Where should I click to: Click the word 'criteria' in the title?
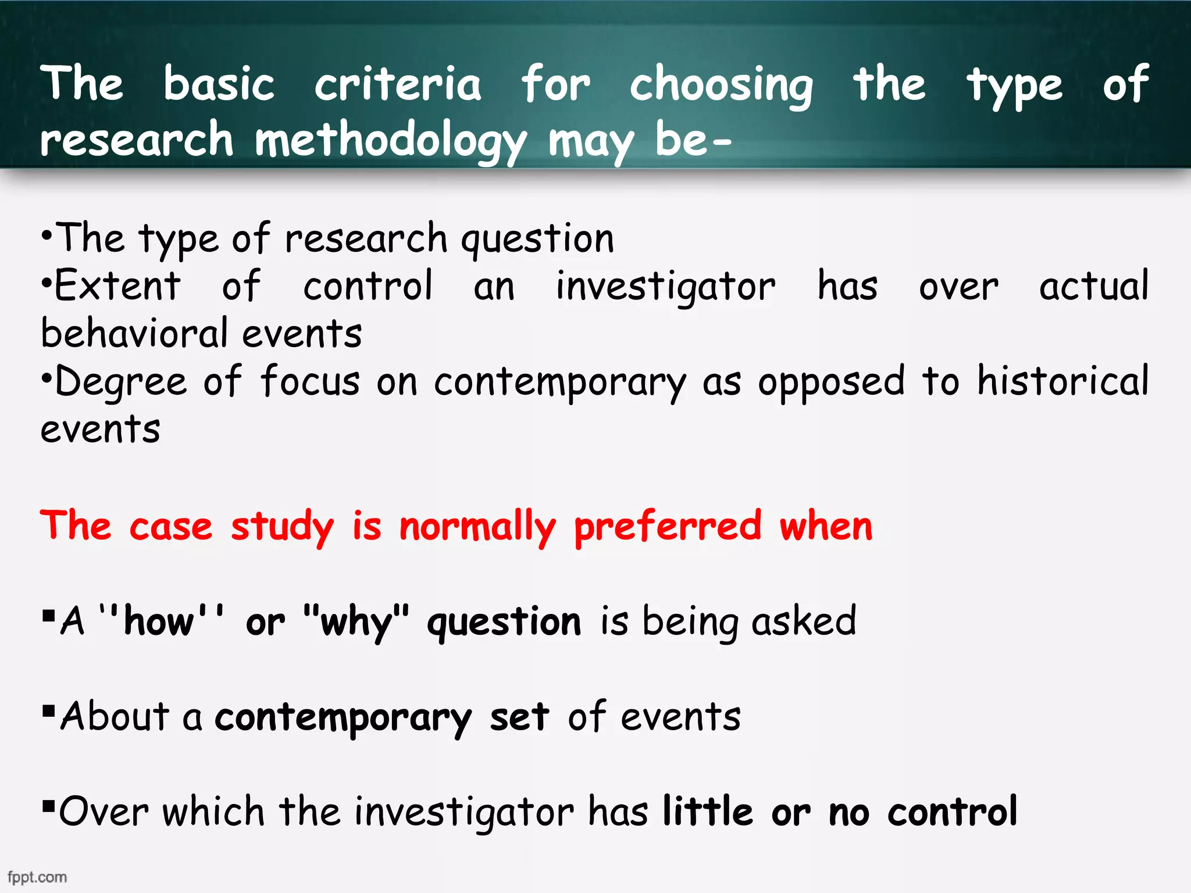[398, 84]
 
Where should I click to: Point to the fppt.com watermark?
[37, 877]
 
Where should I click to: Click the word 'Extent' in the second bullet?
[117, 286]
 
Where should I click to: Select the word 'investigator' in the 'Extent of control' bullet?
[665, 287]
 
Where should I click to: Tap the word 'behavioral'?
[134, 334]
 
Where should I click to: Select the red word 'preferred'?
[667, 527]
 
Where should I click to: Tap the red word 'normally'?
[477, 527]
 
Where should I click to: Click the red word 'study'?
[282, 527]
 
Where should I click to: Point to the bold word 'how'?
[159, 621]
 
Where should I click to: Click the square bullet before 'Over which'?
[49, 806]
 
